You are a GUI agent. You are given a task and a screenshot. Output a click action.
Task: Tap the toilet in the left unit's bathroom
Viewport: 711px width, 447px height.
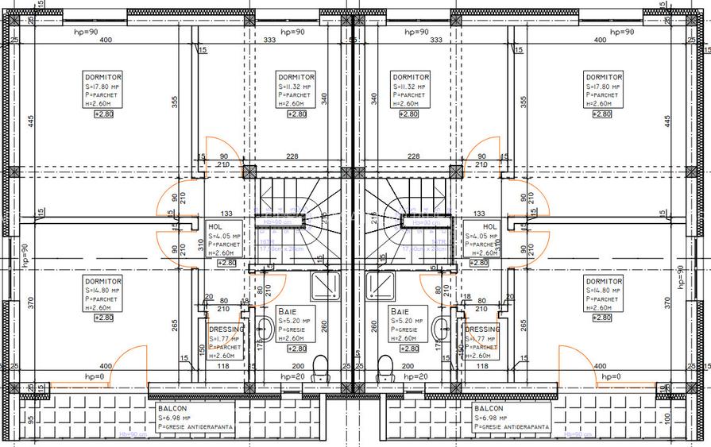[321, 367]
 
